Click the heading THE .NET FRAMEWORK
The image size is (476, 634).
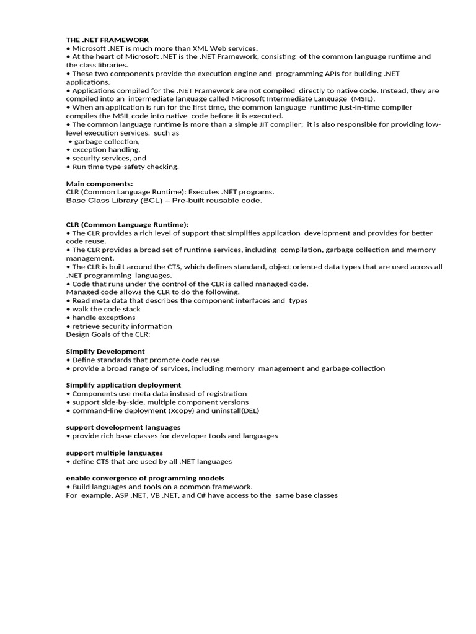107,40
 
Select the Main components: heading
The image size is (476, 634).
99,184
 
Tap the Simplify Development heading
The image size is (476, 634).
105,351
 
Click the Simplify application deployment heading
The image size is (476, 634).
123,385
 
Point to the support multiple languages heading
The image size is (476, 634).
115,453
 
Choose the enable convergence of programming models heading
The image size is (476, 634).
145,478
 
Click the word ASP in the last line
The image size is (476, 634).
120,495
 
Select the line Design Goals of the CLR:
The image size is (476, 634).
108,334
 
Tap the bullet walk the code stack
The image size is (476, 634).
106,309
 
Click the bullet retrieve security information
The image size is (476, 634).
122,326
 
